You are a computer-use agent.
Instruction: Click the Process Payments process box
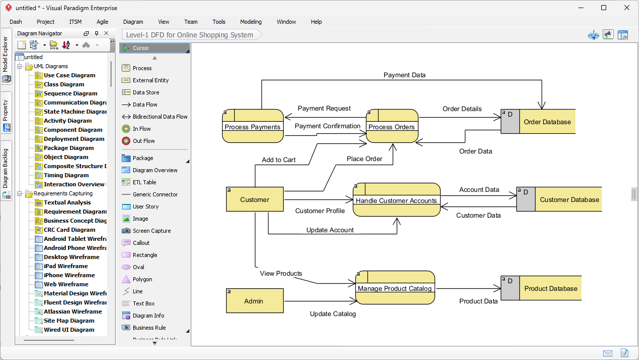[252, 123]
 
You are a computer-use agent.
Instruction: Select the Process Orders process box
[392, 123]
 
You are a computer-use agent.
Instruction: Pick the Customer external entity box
[254, 199]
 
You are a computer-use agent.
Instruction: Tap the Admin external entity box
[253, 301]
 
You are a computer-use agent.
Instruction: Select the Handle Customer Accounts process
[396, 200]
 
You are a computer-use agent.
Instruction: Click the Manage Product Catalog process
[395, 288]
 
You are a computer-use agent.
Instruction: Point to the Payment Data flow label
[404, 75]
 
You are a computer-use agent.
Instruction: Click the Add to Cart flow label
[279, 160]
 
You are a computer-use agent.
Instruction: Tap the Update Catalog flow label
[333, 314]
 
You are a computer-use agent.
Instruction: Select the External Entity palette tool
[150, 80]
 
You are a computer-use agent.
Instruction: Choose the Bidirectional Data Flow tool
[159, 117]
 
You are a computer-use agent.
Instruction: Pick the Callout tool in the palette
[141, 243]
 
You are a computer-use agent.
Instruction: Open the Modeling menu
[251, 22]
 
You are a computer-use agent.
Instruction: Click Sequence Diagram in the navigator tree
[70, 93]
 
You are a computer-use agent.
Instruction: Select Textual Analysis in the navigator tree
[67, 202]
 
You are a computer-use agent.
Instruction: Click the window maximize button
[604, 8]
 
